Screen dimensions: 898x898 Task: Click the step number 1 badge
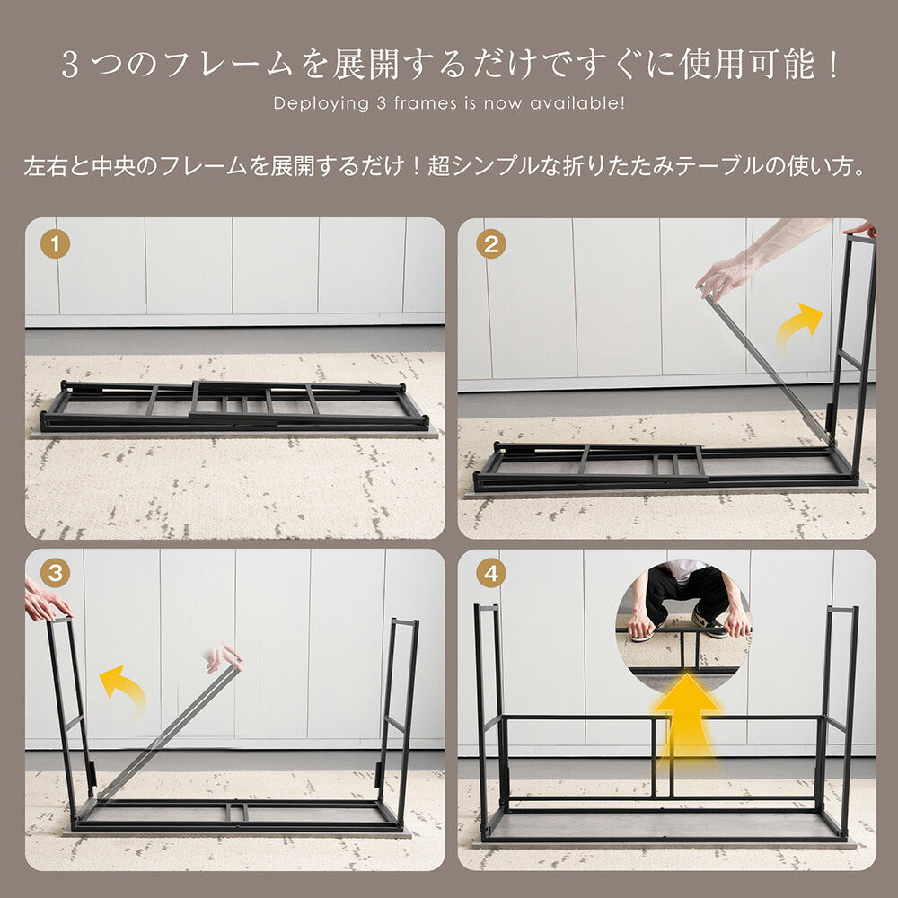tap(56, 244)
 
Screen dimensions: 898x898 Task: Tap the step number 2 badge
tap(490, 244)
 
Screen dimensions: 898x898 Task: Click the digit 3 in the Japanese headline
tap(70, 66)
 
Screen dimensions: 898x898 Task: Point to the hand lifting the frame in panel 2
tap(724, 275)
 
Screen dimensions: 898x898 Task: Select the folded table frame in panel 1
tap(233, 407)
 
